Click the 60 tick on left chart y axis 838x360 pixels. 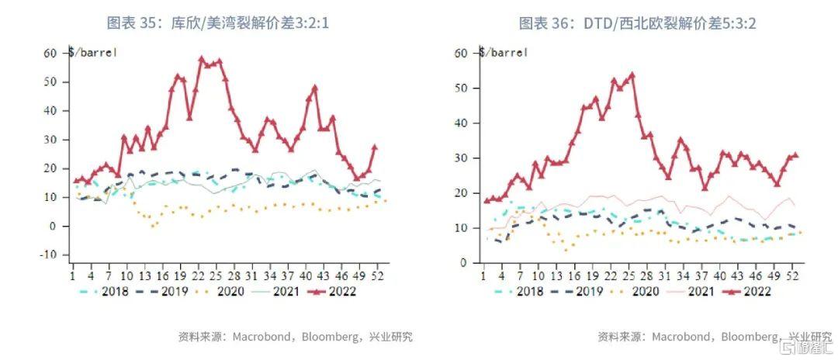[50, 53]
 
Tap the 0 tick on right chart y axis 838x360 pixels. [462, 263]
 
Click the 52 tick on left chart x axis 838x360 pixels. [376, 274]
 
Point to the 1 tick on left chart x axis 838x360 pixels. [72, 274]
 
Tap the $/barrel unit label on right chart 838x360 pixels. [503, 53]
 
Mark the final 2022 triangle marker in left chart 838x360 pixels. [375, 147]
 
